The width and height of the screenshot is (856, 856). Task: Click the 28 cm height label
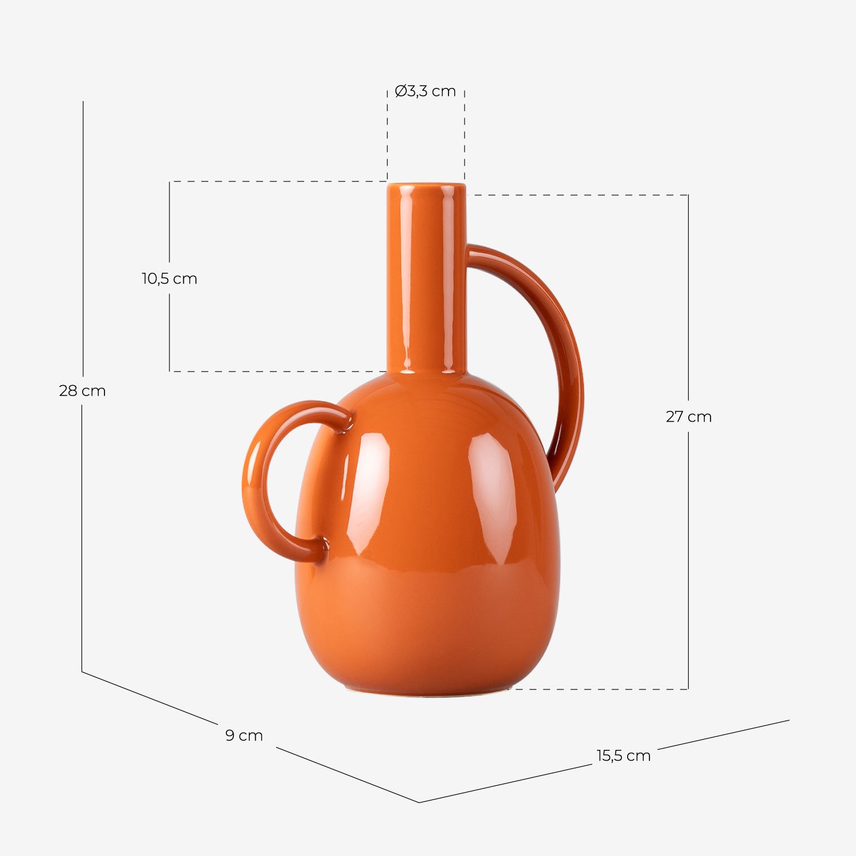click(x=82, y=391)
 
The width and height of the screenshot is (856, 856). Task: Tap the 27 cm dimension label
click(x=688, y=417)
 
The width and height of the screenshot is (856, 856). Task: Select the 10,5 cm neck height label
click(x=169, y=279)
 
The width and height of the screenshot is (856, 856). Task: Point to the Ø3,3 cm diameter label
click(x=425, y=91)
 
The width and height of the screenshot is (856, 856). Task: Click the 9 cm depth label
click(x=244, y=736)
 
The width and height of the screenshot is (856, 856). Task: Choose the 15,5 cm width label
click(x=623, y=756)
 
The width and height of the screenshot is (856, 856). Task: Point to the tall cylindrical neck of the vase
click(x=426, y=280)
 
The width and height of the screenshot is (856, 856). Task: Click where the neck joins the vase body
click(x=426, y=374)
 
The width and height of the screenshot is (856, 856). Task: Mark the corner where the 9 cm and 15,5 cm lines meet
click(x=419, y=802)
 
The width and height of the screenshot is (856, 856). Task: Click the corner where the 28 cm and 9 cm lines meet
click(x=82, y=672)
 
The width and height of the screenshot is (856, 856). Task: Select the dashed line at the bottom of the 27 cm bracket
click(x=599, y=689)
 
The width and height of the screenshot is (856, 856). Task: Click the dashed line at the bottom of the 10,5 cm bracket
click(x=274, y=372)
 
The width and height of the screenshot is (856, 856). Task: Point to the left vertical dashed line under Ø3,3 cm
click(x=387, y=137)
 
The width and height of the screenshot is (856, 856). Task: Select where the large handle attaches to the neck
click(x=470, y=254)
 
